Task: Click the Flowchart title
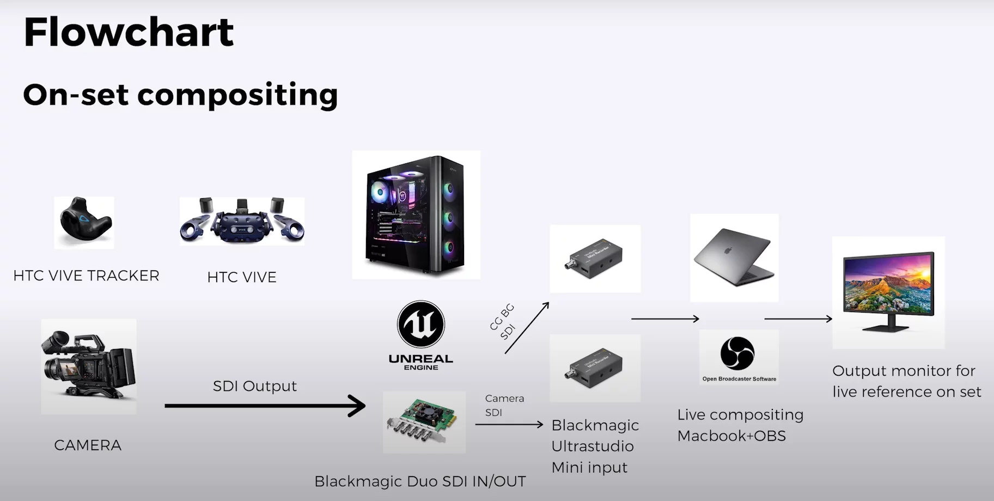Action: point(129,32)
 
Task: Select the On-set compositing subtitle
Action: point(180,95)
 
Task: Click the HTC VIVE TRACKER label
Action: point(86,276)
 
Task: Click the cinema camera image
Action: point(88,366)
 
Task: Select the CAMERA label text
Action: point(88,445)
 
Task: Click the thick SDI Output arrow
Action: point(265,406)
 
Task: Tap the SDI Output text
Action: point(254,386)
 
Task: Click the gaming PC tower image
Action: point(416,215)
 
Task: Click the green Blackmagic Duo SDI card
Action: point(424,423)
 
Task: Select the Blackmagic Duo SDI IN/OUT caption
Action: point(420,481)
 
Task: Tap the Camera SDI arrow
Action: point(509,424)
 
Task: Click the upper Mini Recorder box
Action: point(595,259)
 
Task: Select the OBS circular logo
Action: point(737,353)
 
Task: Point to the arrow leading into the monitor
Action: point(798,319)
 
